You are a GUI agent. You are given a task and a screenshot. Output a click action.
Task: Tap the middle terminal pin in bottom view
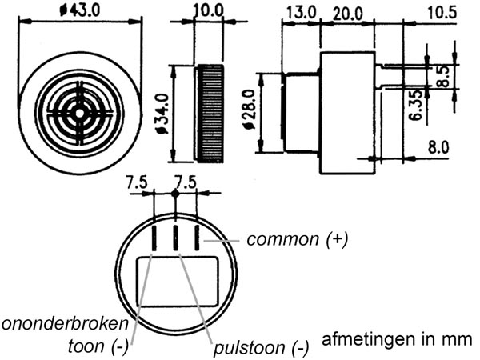[175, 236]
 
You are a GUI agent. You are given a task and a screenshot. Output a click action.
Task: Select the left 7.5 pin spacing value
[137, 182]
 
